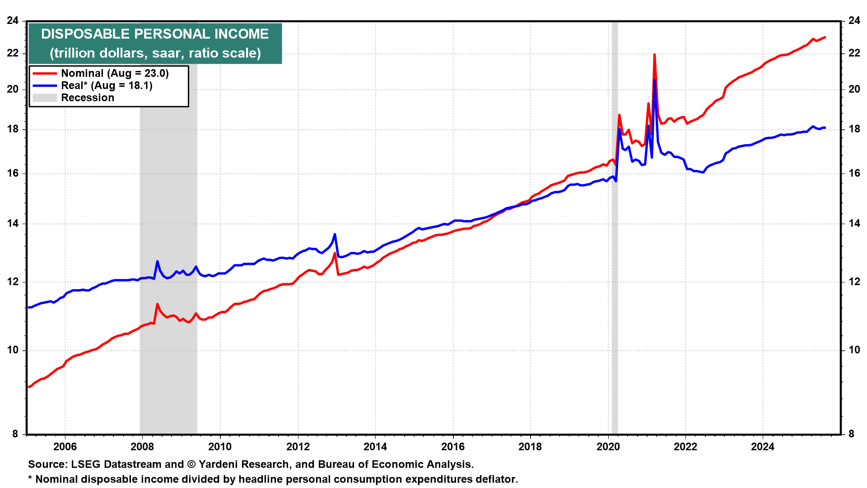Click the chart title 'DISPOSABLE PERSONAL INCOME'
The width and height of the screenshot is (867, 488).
tap(155, 34)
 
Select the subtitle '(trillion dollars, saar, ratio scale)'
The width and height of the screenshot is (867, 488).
tap(155, 53)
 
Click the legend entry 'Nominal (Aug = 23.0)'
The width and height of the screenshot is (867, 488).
tap(115, 73)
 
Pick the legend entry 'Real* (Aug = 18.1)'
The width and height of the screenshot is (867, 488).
tap(107, 85)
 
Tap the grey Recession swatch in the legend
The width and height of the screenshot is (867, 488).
tap(45, 98)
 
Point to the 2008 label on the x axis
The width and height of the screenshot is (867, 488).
tap(142, 447)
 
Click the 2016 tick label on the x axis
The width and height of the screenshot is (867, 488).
tap(452, 447)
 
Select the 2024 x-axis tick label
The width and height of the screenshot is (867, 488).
tap(762, 447)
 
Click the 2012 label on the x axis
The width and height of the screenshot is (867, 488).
tap(298, 447)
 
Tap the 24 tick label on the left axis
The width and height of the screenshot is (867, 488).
tap(13, 21)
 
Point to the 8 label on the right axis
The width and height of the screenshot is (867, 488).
tap(851, 434)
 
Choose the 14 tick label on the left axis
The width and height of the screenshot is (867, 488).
tap(13, 224)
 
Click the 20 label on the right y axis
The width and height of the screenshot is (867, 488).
tap(854, 89)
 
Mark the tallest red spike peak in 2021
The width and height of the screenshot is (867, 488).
tap(654, 55)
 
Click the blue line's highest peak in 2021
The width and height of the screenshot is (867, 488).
tap(654, 80)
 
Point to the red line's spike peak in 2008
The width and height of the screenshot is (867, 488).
tap(157, 304)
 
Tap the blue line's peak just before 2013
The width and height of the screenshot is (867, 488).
tap(335, 234)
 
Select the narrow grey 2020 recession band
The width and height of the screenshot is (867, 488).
tap(615, 226)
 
